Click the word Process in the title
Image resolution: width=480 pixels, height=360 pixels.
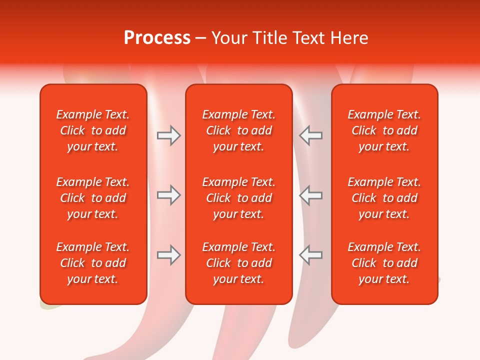point(157,38)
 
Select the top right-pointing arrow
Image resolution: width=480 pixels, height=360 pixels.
point(168,135)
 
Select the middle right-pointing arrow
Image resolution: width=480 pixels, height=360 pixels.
point(168,195)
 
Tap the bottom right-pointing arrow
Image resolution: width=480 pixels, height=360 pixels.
point(168,255)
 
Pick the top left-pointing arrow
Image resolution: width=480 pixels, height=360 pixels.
point(310,135)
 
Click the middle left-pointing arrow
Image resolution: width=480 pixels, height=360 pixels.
point(310,195)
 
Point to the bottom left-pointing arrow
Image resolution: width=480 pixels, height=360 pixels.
point(310,255)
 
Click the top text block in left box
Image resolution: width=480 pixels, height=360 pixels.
point(93,130)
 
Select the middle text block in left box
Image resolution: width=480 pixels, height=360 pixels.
point(93,198)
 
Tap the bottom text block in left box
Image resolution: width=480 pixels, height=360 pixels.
point(93,263)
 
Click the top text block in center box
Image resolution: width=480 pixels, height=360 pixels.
point(239,130)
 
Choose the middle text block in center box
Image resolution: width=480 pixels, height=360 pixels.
point(239,198)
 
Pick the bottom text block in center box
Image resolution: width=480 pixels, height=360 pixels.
point(239,263)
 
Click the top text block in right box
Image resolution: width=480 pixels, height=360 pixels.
point(384,130)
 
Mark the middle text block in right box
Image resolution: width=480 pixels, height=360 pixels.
point(384,198)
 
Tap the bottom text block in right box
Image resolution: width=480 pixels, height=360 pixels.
point(384,263)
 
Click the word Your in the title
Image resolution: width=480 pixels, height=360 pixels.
point(228,38)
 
